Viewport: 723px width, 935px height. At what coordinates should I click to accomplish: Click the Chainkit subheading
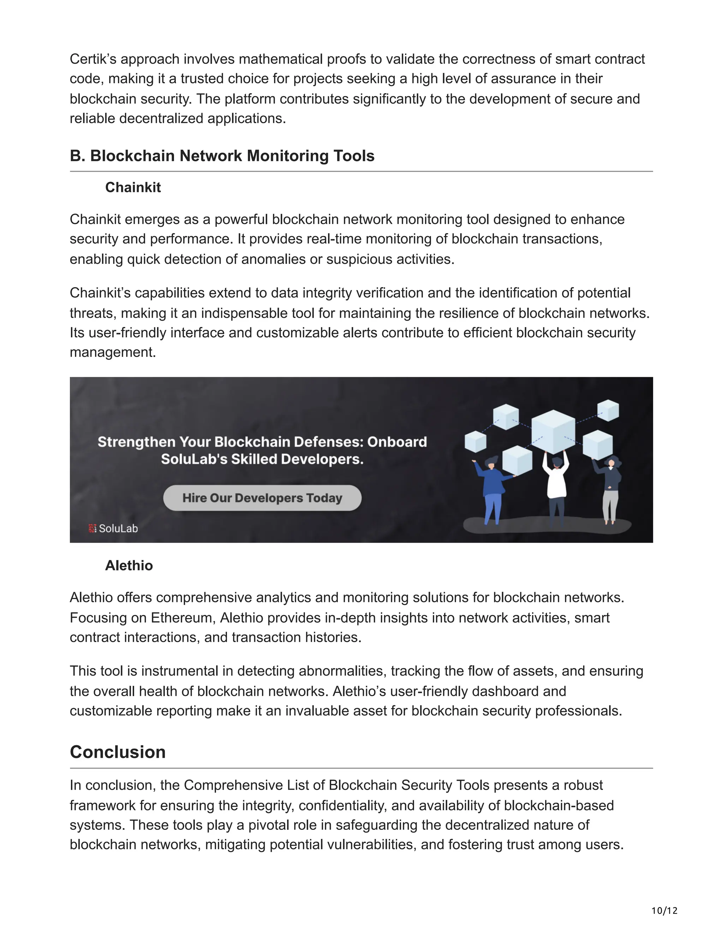tap(133, 187)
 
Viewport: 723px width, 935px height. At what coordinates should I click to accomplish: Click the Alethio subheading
tap(129, 566)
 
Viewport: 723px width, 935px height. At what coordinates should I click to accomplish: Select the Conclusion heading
tap(118, 752)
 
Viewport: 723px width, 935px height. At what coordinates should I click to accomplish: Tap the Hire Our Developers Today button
tap(262, 498)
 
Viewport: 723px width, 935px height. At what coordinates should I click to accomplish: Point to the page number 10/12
tap(664, 911)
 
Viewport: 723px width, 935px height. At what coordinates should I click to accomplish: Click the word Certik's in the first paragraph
tap(93, 59)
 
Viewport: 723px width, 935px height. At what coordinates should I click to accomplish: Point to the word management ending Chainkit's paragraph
tap(112, 352)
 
